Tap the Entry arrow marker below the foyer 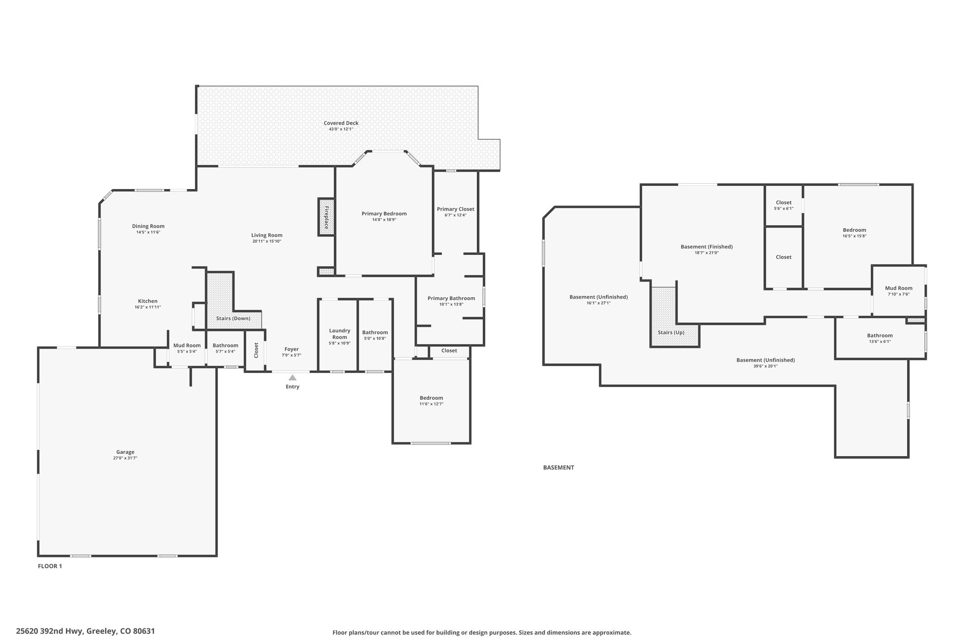pos(292,377)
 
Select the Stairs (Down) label pos(233,318)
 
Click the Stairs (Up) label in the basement pos(671,333)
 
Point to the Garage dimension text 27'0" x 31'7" pos(125,458)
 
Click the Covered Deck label pos(341,123)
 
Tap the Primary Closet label pos(455,209)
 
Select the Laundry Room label pos(339,334)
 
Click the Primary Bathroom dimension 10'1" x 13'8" pos(451,304)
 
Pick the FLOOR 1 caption pos(50,566)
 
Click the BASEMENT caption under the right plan pos(558,468)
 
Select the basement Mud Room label pos(899,288)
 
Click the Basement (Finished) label pos(707,247)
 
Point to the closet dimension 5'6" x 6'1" pos(784,208)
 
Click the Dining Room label pos(148,226)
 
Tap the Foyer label pos(291,349)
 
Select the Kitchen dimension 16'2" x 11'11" pos(148,307)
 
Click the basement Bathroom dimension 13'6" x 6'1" pos(880,341)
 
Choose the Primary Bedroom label pos(384,214)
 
